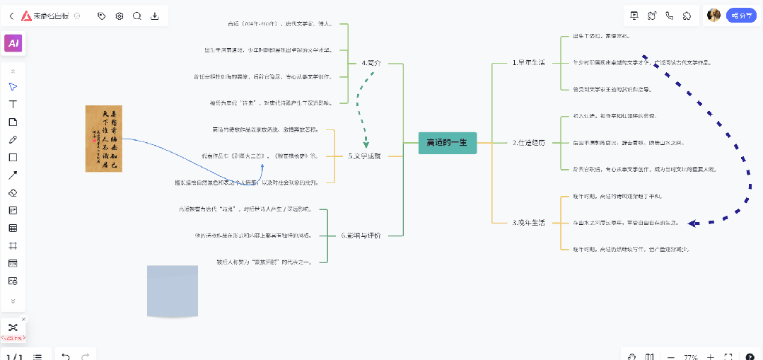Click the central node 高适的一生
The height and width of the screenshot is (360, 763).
pos(447,142)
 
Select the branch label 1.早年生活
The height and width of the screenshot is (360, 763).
pos(528,62)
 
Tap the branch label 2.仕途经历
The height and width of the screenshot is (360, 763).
pos(528,142)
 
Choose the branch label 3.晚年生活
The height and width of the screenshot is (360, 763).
pos(528,223)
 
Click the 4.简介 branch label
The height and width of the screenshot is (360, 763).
pos(371,63)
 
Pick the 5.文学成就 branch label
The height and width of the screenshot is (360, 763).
pos(364,156)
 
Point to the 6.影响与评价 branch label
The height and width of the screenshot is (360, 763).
pos(361,236)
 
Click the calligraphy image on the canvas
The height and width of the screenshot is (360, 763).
pos(104,138)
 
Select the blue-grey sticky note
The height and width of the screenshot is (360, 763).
pos(173,291)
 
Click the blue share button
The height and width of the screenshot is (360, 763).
pos(742,16)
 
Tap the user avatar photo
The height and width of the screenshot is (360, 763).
pos(714,16)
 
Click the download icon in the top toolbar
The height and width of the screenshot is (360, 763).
pos(155,16)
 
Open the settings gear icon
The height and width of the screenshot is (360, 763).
pos(119,16)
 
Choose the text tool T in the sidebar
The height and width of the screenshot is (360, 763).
pos(13,104)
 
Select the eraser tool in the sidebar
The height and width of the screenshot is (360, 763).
pos(13,192)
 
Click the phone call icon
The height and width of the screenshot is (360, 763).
pos(669,16)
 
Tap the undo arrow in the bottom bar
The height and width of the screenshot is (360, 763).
pos(66,356)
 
